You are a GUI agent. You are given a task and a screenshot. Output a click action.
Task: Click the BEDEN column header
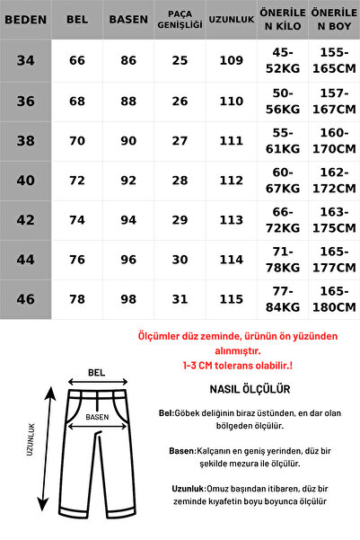tap(23, 18)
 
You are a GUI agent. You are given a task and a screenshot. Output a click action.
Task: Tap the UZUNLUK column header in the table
tap(230, 18)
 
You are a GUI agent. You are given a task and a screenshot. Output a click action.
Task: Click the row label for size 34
tap(23, 59)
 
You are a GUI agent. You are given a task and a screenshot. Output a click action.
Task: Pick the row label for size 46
tap(23, 299)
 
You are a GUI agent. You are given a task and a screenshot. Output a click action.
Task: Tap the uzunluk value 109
tap(230, 59)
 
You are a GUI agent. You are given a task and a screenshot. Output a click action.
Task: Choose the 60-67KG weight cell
tap(281, 179)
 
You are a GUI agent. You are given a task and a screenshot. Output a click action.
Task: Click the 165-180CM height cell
tap(334, 299)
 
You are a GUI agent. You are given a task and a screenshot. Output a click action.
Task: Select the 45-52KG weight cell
tap(281, 59)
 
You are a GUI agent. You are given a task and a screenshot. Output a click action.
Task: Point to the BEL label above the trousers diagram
tap(96, 372)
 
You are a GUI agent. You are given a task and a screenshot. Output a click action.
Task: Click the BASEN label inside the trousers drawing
tap(97, 417)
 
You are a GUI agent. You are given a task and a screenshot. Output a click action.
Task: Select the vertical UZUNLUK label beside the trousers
tap(30, 441)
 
